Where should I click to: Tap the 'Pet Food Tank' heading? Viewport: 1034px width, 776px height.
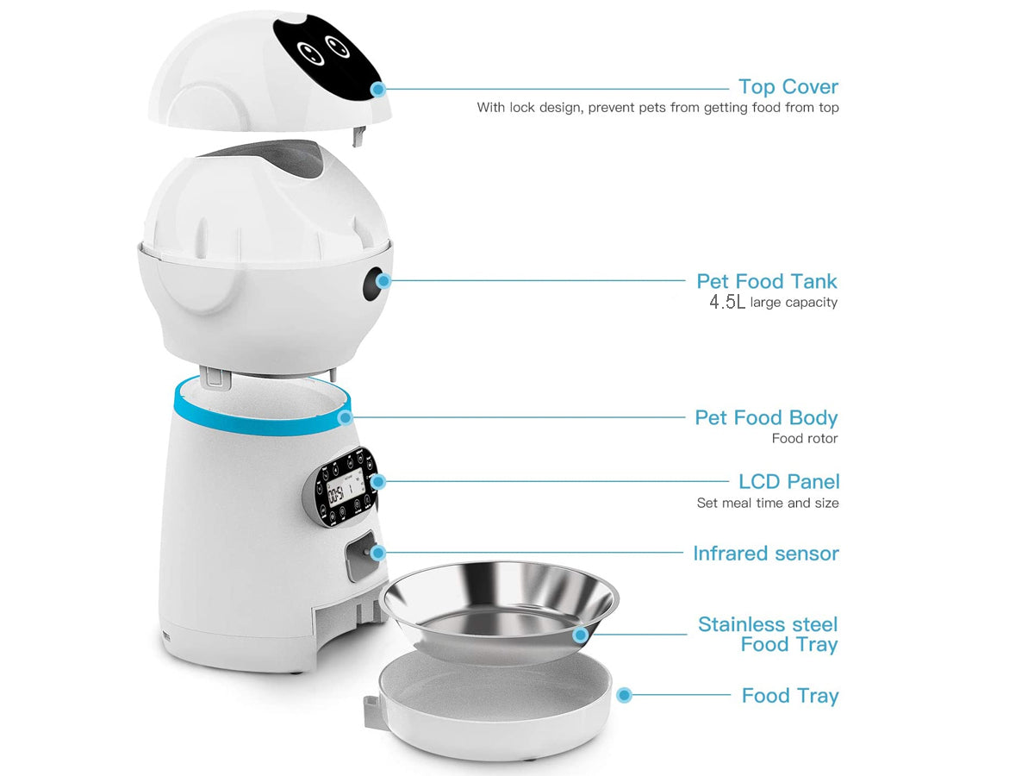pos(766,281)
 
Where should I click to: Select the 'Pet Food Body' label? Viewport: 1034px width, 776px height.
pos(766,418)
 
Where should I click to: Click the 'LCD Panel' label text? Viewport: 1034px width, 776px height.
pos(788,481)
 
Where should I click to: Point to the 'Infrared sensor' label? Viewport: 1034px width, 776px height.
pos(765,554)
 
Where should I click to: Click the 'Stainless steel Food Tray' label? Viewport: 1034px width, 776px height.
pos(768,635)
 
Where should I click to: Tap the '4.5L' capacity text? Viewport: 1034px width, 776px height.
pos(727,302)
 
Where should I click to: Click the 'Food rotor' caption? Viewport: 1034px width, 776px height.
pos(804,439)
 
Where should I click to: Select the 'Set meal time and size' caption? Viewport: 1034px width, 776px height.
pos(768,504)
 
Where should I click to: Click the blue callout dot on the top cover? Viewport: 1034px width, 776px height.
pos(377,89)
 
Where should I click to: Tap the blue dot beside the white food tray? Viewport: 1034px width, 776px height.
pos(624,695)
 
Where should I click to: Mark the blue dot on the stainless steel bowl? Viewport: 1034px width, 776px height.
pos(581,635)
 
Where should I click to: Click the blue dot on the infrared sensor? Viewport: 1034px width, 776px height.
pos(377,554)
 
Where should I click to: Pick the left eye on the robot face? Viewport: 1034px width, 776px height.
pos(311,53)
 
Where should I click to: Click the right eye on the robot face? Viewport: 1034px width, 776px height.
pos(338,47)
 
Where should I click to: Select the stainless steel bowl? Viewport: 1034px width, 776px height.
pos(498,611)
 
